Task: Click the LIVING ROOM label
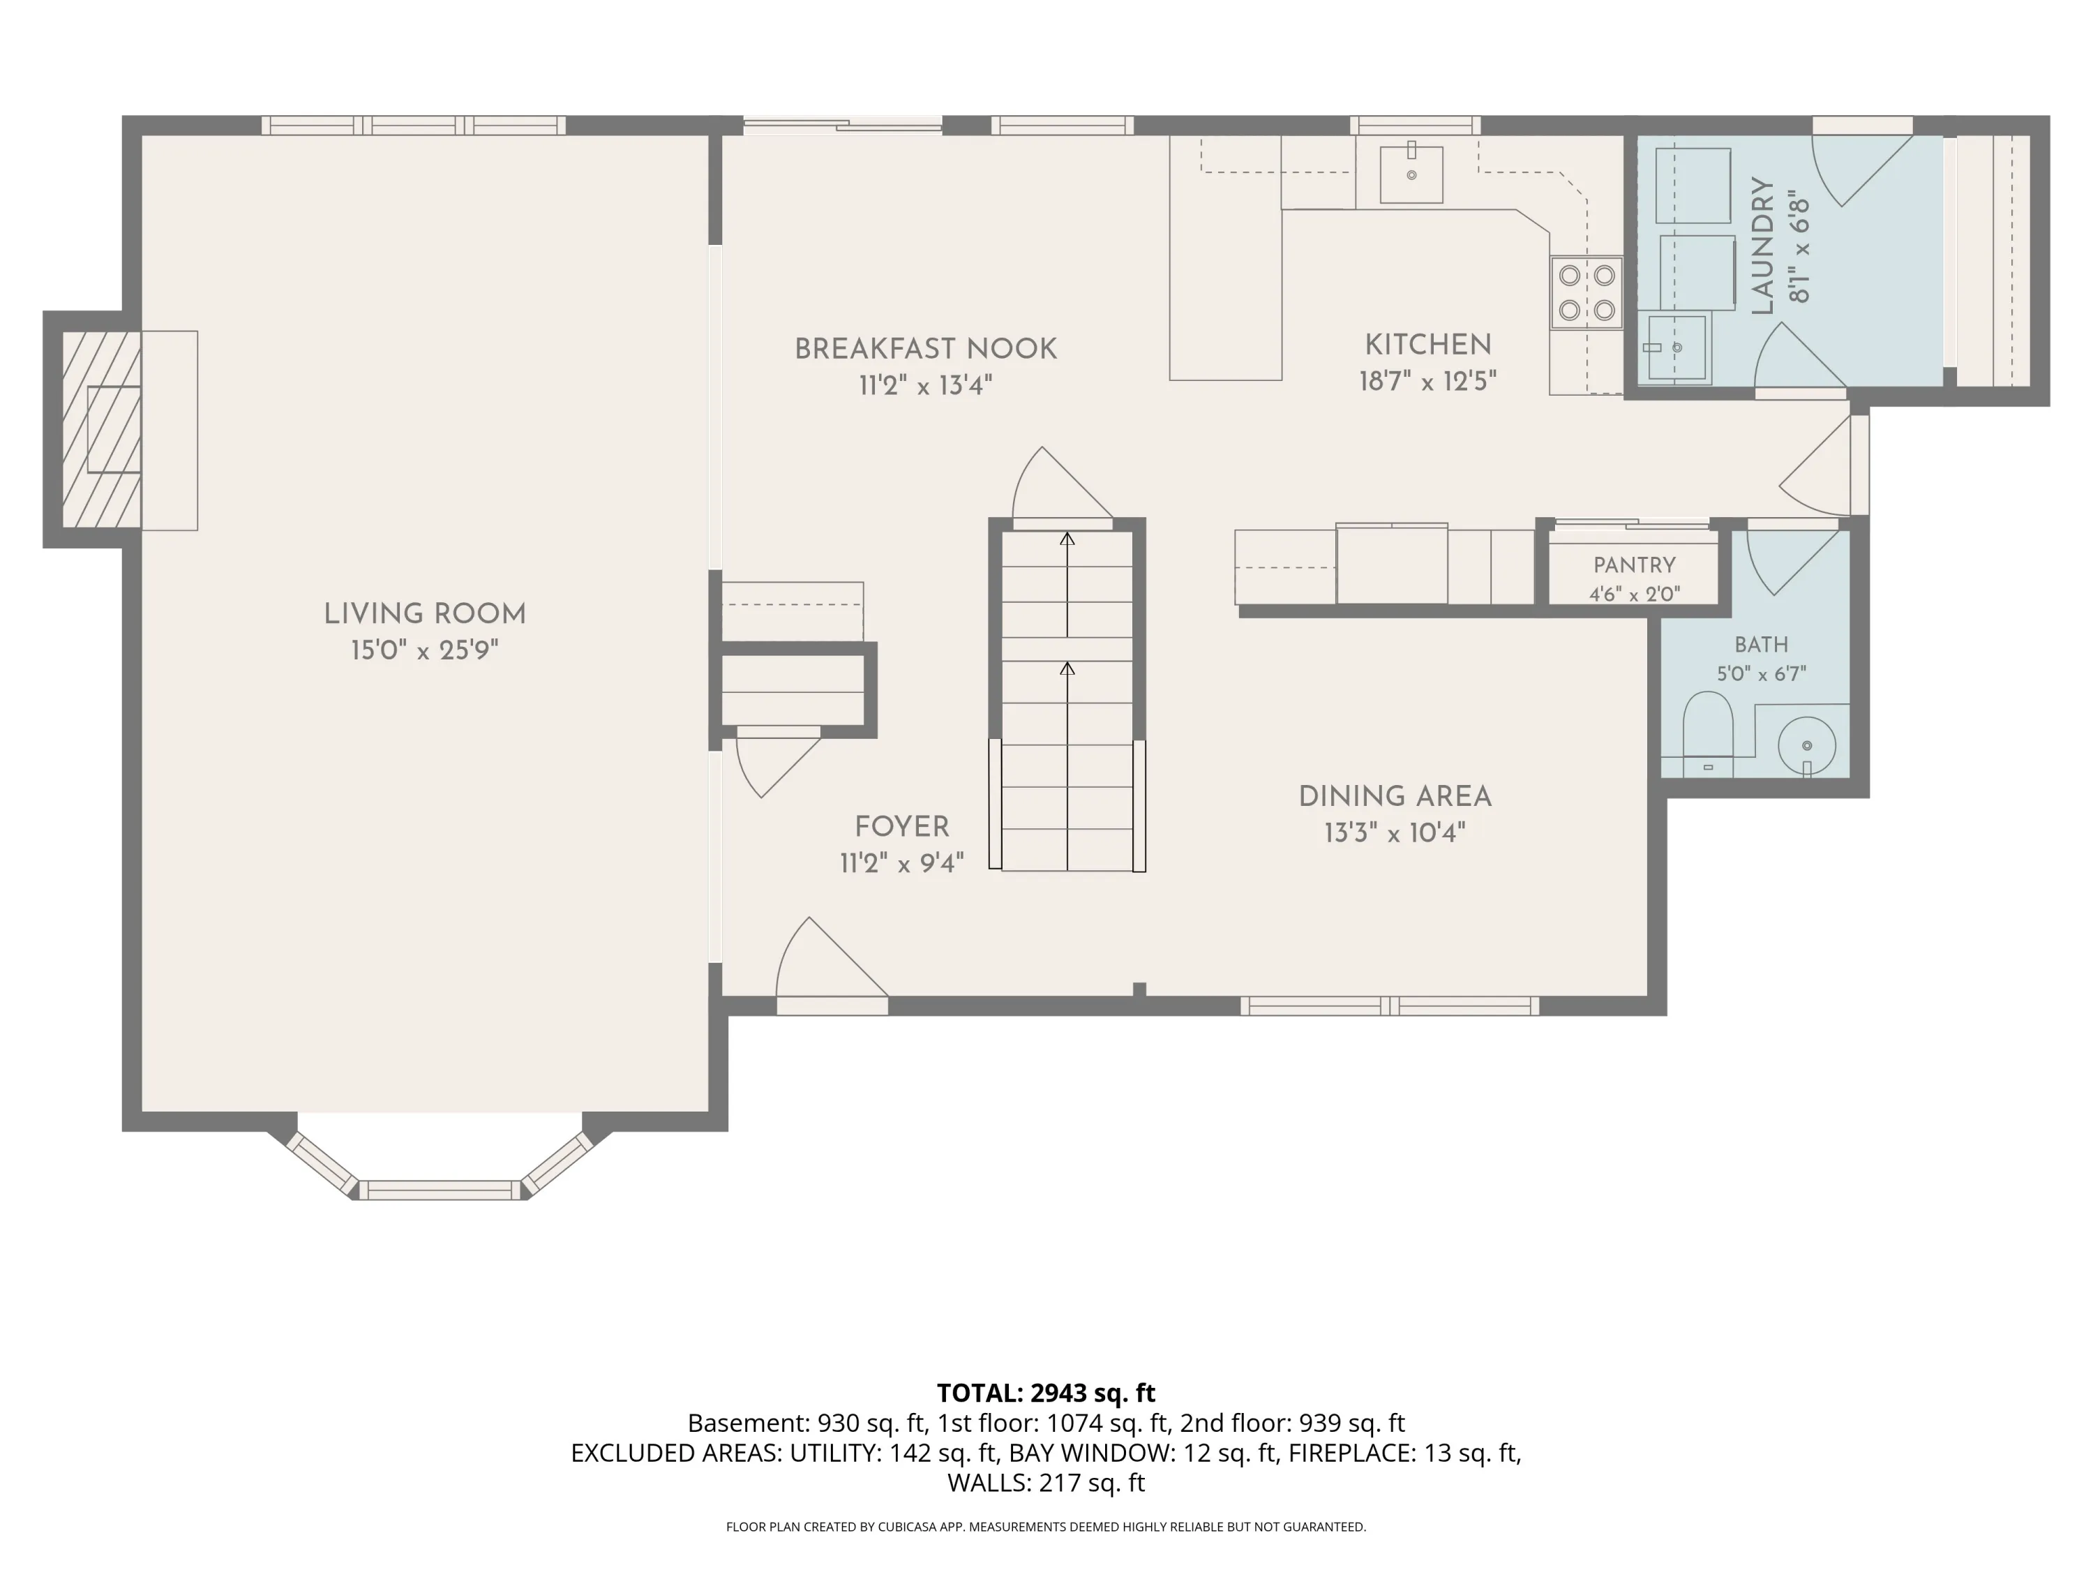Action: coord(425,614)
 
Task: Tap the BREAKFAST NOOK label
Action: coord(925,349)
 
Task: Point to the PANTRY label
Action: coord(1634,565)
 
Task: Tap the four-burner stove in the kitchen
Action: coord(1586,292)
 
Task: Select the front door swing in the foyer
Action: coord(832,958)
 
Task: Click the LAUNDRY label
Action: coord(1762,246)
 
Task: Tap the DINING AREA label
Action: coord(1395,797)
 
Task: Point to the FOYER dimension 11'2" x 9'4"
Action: coord(901,863)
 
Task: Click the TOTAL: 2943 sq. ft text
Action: coord(1046,1393)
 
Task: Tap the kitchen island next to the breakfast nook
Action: coord(1225,257)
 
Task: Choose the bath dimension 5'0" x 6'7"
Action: coord(1761,674)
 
